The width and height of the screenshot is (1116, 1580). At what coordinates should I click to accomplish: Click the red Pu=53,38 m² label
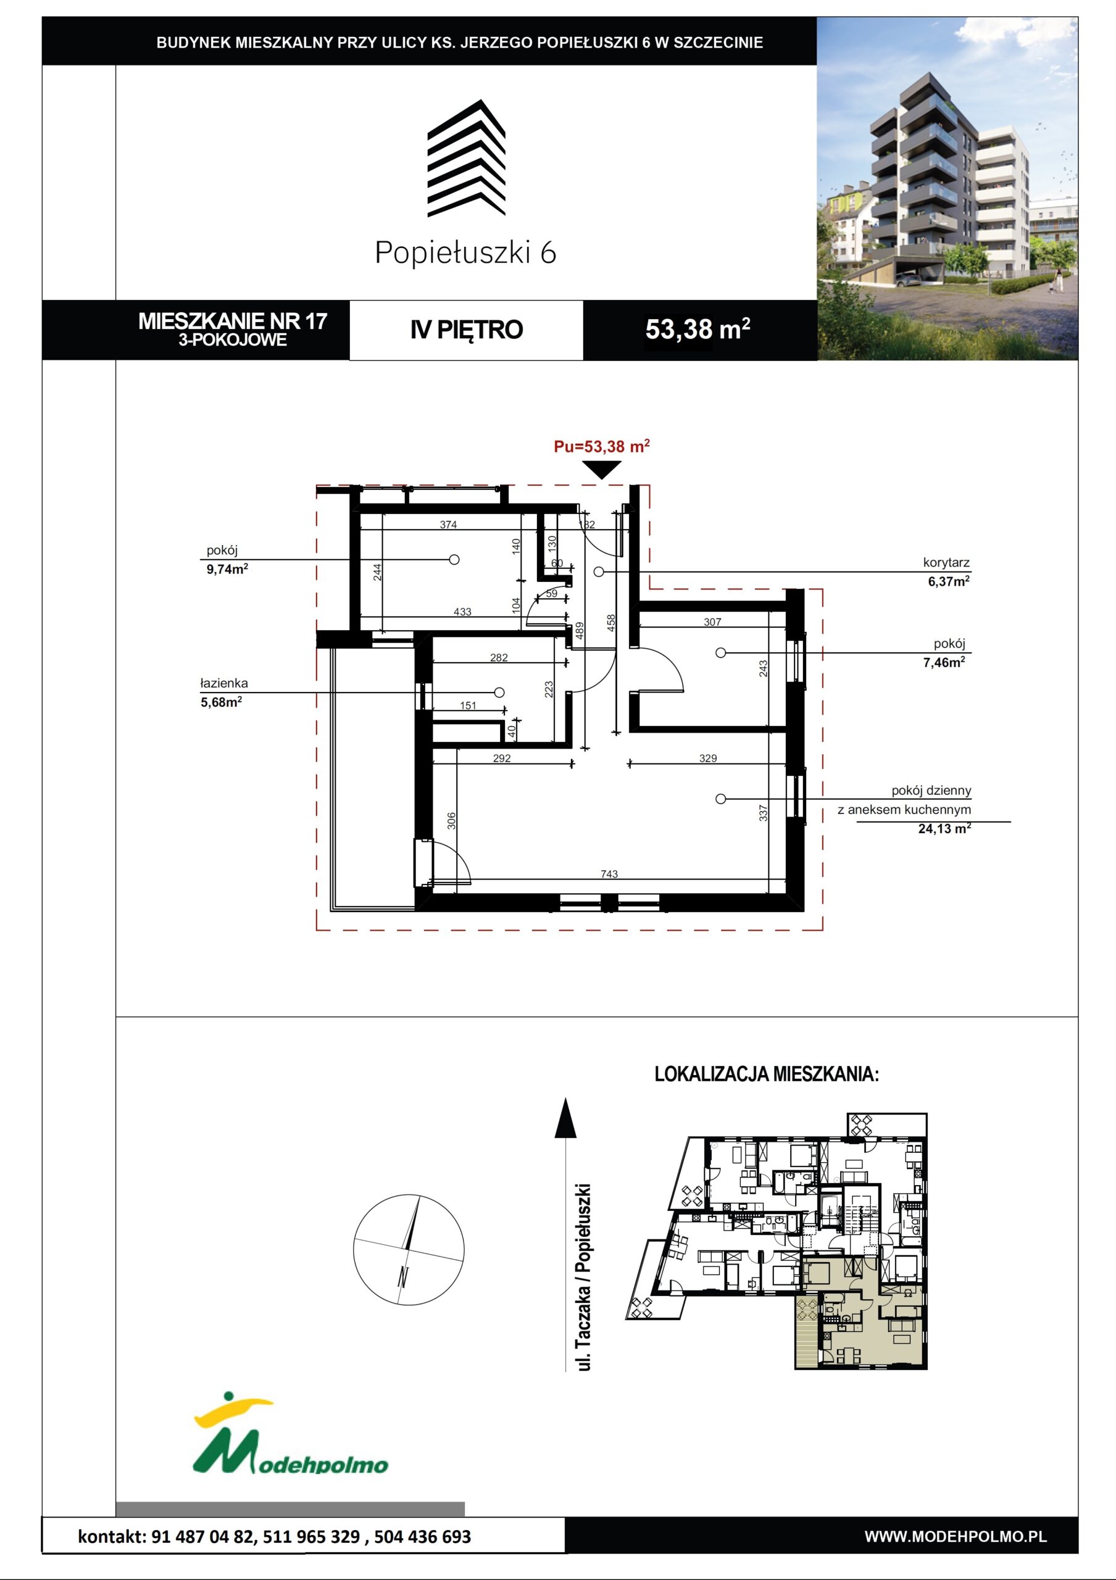(601, 446)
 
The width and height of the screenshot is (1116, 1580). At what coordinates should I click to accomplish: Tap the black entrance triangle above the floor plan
(602, 469)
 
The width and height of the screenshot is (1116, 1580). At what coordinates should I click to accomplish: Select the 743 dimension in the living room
(609, 874)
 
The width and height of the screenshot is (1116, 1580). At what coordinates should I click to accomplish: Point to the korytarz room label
(946, 562)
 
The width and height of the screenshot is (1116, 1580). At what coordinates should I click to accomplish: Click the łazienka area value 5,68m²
(221, 702)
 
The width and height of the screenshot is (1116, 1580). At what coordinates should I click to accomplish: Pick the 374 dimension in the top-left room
(448, 525)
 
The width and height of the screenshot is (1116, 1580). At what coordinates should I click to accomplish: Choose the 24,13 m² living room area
(944, 828)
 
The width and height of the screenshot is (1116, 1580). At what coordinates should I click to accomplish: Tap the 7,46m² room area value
(944, 662)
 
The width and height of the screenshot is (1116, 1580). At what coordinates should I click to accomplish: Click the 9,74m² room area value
(227, 568)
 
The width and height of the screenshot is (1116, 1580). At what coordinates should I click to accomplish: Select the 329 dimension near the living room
(707, 759)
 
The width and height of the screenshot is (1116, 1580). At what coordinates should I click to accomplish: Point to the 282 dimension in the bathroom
(499, 658)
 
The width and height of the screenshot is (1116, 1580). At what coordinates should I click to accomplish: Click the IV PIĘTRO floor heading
(467, 330)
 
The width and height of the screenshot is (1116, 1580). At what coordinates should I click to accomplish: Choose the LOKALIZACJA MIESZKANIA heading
(767, 1074)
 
